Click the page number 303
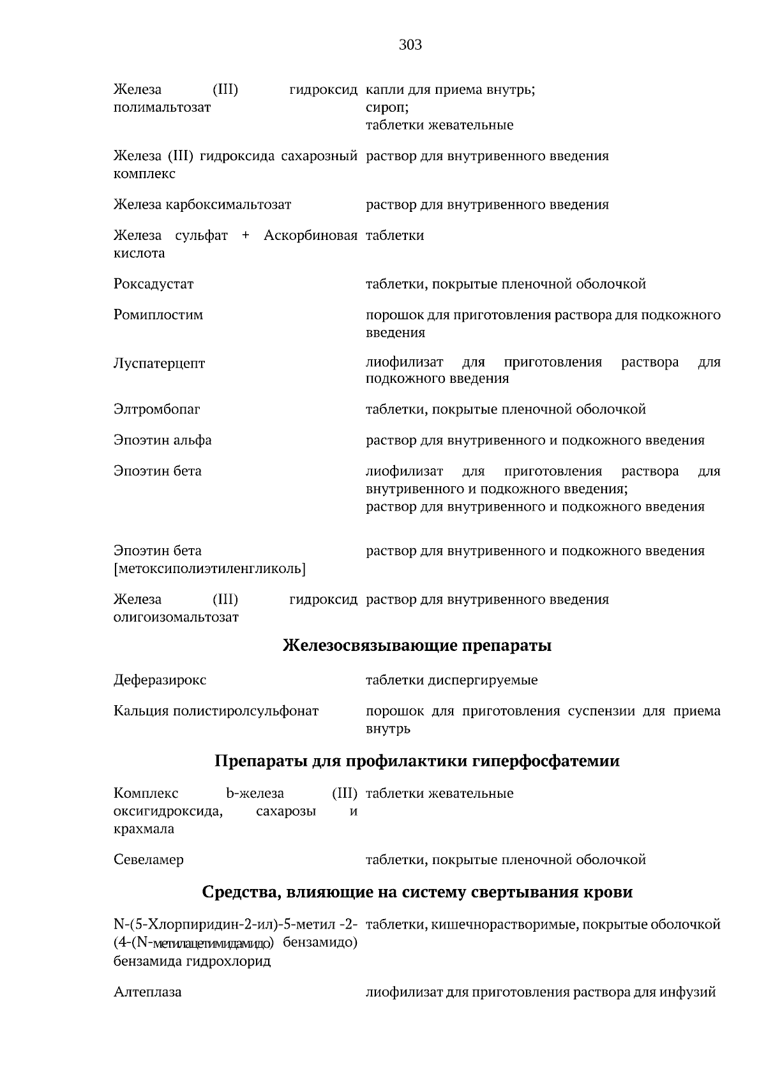(x=410, y=45)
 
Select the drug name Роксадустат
(x=153, y=284)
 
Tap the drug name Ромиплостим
(x=158, y=315)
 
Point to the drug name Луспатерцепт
(x=159, y=364)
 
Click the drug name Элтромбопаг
(x=156, y=409)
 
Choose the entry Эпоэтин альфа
(x=162, y=440)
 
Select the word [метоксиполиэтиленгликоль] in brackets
(x=209, y=569)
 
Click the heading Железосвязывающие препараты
(x=417, y=646)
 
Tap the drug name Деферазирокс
(x=160, y=680)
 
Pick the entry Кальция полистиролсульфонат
(x=216, y=711)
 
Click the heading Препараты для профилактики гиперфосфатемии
(x=417, y=761)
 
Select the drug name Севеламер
(x=148, y=860)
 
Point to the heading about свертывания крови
(x=417, y=892)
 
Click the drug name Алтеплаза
(x=147, y=992)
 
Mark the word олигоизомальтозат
(x=176, y=618)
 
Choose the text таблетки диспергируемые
(x=451, y=680)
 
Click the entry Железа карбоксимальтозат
(x=202, y=205)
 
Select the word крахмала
(x=144, y=829)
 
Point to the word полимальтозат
(x=161, y=107)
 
